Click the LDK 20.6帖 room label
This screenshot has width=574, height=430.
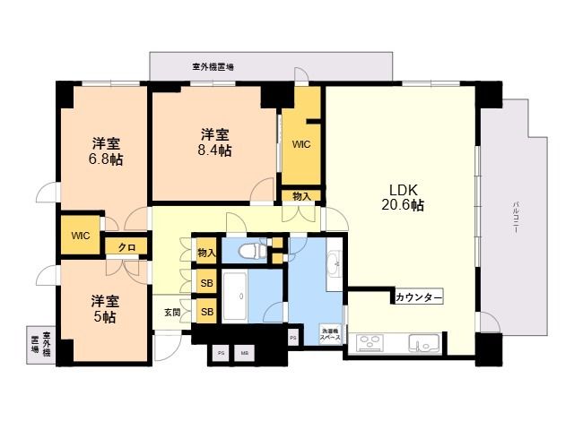pyautogui.click(x=405, y=196)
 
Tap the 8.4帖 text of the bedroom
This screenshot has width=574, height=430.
pyautogui.click(x=216, y=150)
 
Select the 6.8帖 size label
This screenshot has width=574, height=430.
pyautogui.click(x=106, y=159)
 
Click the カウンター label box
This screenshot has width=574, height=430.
pyautogui.click(x=417, y=297)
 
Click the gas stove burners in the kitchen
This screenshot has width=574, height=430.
pyautogui.click(x=371, y=342)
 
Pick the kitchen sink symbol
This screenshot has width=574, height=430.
pyautogui.click(x=422, y=343)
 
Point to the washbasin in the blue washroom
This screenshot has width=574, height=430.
pyautogui.click(x=334, y=262)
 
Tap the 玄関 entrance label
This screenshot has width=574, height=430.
pyautogui.click(x=172, y=313)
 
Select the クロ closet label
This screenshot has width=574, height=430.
pyautogui.click(x=126, y=247)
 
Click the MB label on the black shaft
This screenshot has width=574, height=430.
pyautogui.click(x=243, y=352)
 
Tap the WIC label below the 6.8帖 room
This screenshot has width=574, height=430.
pyautogui.click(x=81, y=236)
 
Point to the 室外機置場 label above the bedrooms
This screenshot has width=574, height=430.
pyautogui.click(x=213, y=67)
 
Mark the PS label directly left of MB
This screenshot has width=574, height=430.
pyautogui.click(x=221, y=352)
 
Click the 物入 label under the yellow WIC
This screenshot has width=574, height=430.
pyautogui.click(x=301, y=196)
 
